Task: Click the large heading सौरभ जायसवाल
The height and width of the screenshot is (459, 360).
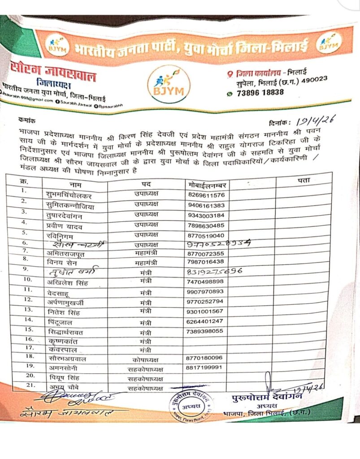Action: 53,73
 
